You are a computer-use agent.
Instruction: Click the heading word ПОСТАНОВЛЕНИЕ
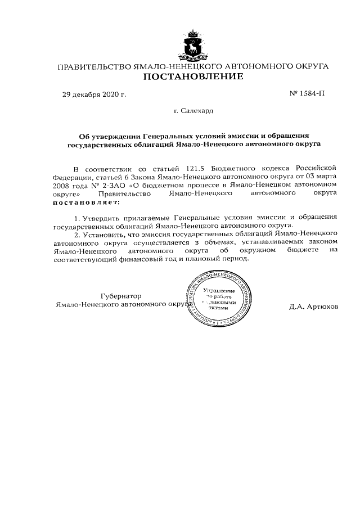(x=192, y=77)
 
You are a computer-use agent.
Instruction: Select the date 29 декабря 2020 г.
(x=94, y=94)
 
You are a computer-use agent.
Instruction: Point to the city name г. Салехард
(x=194, y=111)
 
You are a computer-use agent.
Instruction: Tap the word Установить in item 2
(x=106, y=232)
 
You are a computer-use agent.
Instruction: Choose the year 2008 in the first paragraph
(x=64, y=184)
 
